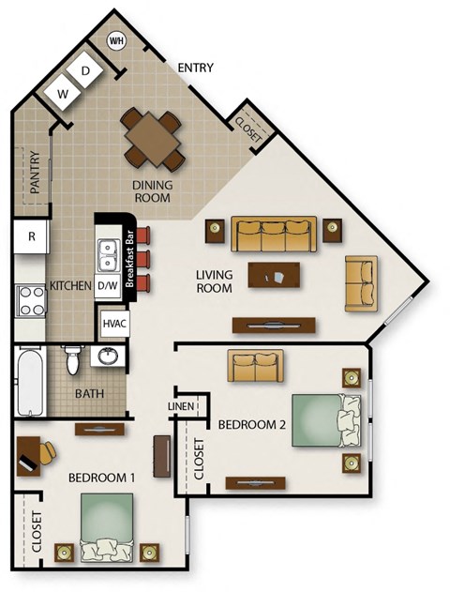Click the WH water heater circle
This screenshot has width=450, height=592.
pos(117,41)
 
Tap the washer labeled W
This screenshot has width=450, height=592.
pos(64,94)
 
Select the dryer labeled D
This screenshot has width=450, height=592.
pos(84,71)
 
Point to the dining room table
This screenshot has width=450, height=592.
pos(150,137)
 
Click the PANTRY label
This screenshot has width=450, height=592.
pos(35,174)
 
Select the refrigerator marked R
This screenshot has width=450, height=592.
pos(32,236)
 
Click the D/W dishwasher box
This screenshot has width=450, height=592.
pos(107,285)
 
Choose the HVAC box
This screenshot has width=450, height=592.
pos(113,324)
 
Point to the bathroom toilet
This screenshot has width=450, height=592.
pos(71,360)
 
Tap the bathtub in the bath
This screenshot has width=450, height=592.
pos(30,383)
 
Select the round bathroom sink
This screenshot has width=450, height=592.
pos(108,357)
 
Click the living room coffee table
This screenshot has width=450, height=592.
pos(275,275)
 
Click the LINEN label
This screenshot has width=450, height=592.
pos(180,405)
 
